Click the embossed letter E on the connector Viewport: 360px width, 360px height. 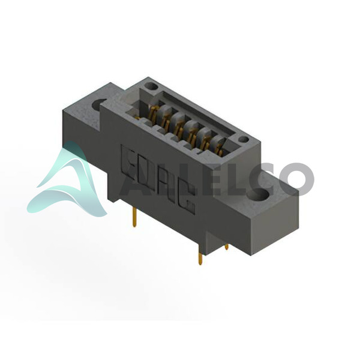tap(129, 163)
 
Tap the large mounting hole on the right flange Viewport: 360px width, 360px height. tap(258, 195)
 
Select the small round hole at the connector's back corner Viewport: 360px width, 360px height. tap(152, 86)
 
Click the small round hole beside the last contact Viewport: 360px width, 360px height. tap(244, 139)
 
